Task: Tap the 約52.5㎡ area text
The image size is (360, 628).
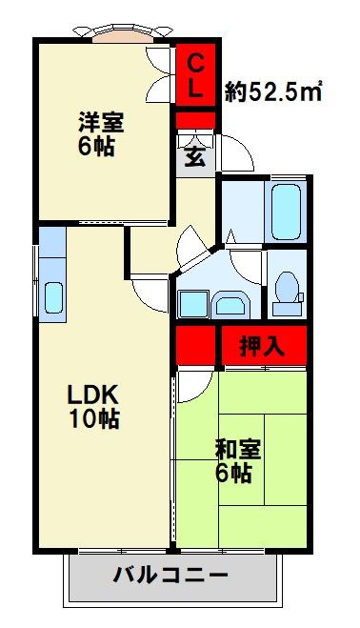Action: point(272,91)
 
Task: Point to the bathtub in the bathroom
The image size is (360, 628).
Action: point(286,211)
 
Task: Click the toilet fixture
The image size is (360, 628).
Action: point(285,289)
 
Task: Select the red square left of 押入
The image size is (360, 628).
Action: point(194,347)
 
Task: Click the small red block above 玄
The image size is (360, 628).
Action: point(194,121)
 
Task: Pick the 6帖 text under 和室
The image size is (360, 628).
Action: point(233,473)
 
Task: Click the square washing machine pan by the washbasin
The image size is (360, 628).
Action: point(192,303)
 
